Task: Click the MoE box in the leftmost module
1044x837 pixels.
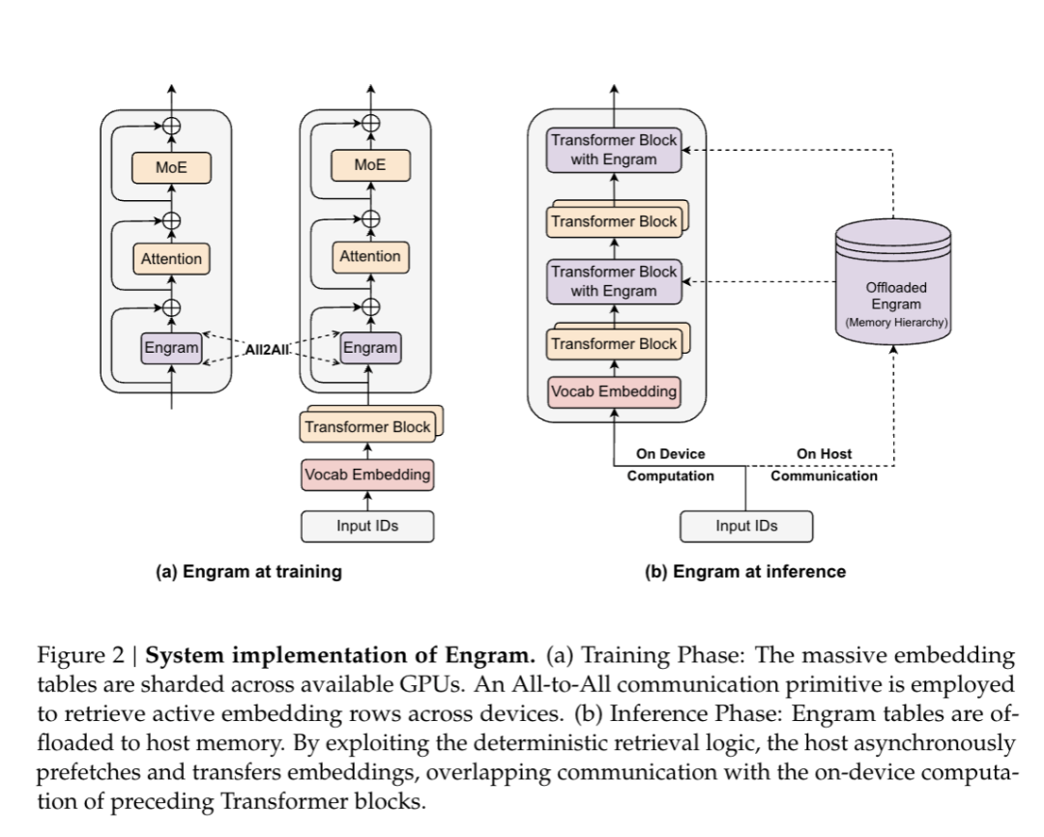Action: (x=171, y=167)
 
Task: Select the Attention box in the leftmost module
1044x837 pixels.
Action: (x=171, y=258)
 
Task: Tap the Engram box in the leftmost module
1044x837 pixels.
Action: (x=171, y=348)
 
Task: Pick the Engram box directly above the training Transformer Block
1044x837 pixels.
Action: (x=369, y=348)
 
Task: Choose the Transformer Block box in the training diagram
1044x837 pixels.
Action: (x=367, y=426)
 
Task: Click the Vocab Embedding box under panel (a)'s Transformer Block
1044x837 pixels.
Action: (x=367, y=475)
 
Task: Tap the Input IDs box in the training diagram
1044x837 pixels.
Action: (x=367, y=526)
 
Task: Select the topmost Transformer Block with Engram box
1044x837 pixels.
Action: (x=614, y=151)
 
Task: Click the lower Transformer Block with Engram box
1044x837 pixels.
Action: (x=614, y=281)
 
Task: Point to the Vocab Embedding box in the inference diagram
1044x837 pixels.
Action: (x=614, y=392)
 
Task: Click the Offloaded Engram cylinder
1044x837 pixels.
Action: (x=892, y=280)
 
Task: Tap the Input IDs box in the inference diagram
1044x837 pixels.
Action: (x=746, y=526)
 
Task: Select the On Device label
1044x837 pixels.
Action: (x=670, y=453)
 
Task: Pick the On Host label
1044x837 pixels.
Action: (x=824, y=453)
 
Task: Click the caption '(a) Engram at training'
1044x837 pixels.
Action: (x=248, y=571)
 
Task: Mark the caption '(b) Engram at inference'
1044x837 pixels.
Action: (x=744, y=571)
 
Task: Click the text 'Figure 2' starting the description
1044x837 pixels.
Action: (x=80, y=655)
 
